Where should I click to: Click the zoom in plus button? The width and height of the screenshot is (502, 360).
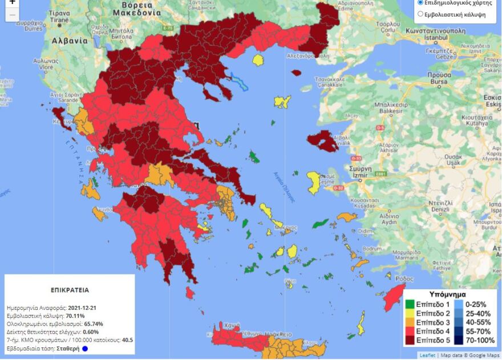(x=12, y=3)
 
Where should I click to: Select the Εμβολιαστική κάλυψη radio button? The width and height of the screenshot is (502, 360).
(x=421, y=14)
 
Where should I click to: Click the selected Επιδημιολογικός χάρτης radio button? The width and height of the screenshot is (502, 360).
(x=421, y=2)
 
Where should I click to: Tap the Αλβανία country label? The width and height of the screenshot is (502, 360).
(x=70, y=41)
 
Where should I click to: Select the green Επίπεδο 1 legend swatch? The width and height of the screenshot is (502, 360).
(x=410, y=304)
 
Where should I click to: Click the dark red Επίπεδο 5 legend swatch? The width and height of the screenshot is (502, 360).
(x=410, y=341)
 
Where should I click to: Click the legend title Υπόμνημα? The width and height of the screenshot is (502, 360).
(x=447, y=294)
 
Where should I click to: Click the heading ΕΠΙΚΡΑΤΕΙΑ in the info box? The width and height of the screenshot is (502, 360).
(x=70, y=290)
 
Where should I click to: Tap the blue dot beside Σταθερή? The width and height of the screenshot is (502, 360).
(x=84, y=349)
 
